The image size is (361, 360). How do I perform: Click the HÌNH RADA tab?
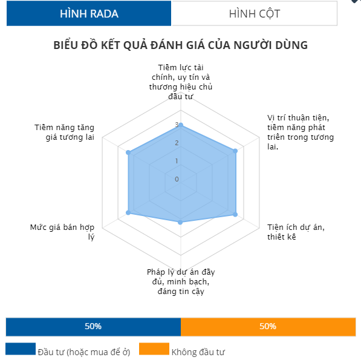click(89, 13)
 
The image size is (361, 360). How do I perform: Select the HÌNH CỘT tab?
click(255, 13)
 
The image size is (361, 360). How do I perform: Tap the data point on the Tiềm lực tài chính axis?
click(181, 125)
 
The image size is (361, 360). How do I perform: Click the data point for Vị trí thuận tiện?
click(235, 151)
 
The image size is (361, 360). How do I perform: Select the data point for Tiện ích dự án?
click(235, 214)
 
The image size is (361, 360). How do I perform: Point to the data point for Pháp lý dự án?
click(180, 222)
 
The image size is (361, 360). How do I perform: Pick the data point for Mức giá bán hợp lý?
click(128, 213)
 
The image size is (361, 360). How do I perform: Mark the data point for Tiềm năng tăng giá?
click(128, 152)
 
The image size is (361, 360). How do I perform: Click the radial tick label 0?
click(177, 179)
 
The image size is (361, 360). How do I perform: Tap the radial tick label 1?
click(177, 161)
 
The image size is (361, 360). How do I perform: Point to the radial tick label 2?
click(177, 143)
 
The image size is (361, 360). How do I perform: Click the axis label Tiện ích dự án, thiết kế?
click(296, 232)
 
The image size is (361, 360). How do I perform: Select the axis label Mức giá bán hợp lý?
click(62, 232)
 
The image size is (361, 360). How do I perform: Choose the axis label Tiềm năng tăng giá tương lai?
click(65, 133)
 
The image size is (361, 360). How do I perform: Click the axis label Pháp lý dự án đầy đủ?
click(181, 281)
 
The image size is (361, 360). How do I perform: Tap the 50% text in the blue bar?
click(93, 326)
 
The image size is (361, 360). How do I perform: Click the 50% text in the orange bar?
click(268, 326)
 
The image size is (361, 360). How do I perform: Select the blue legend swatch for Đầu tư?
click(21, 349)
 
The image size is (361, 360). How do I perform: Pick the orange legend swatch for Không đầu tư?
click(154, 349)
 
